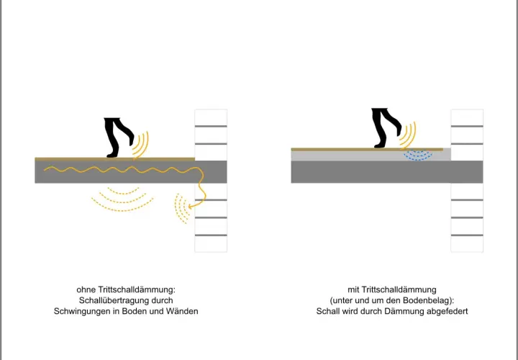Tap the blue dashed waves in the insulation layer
417,156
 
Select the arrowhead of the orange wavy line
191,207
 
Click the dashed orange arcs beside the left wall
182,209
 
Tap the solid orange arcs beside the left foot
142,145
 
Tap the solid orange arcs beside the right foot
409,135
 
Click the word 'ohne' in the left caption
86,290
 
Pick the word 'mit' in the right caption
353,290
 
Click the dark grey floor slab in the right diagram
387,172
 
